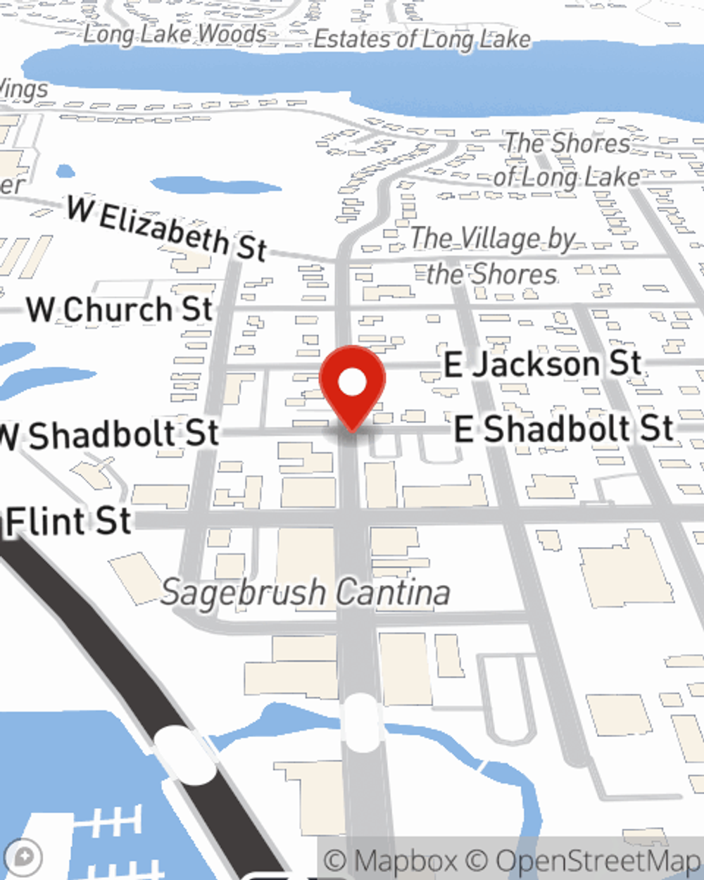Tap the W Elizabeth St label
(x=167, y=229)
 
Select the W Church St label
(x=120, y=310)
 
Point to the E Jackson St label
(x=542, y=364)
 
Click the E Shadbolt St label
(x=563, y=429)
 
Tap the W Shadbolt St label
(x=109, y=434)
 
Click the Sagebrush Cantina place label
(x=306, y=592)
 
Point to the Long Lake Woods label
(x=175, y=33)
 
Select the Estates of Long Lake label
(x=422, y=39)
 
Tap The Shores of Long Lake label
(x=567, y=160)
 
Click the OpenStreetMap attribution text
(x=598, y=860)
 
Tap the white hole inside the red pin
(x=352, y=382)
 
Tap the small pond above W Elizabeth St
(x=215, y=186)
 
